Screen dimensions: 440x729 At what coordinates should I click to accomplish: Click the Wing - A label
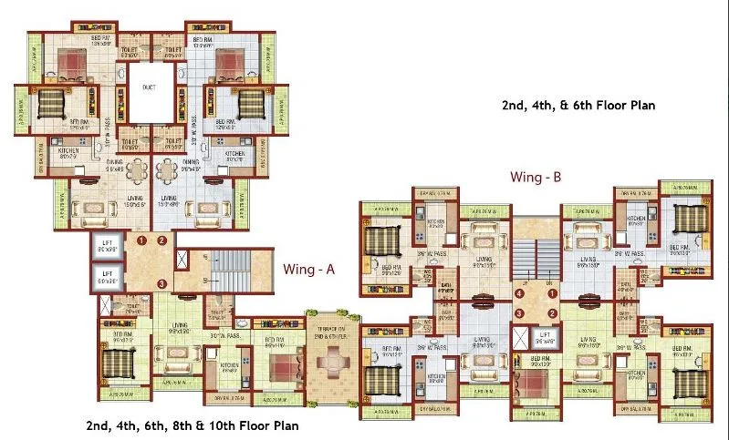[x=311, y=269]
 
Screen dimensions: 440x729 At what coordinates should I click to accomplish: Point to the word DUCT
[x=151, y=88]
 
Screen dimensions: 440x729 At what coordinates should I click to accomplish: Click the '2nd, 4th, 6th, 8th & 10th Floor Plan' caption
[x=193, y=425]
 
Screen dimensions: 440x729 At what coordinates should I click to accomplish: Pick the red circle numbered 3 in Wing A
[x=161, y=283]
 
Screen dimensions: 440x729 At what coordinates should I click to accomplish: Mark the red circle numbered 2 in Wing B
[x=552, y=313]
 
